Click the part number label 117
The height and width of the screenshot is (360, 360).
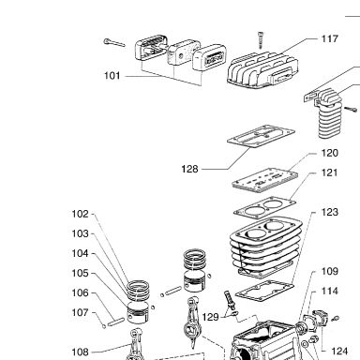[330, 39]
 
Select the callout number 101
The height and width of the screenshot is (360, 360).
[112, 76]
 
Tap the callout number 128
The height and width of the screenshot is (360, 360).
[189, 169]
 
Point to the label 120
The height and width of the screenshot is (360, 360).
[330, 153]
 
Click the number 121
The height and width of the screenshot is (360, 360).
[330, 172]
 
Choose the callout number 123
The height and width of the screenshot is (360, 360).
[330, 212]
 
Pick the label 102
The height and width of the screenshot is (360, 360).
[81, 214]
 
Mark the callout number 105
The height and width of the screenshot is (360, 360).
[81, 273]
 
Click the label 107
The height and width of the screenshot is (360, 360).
[81, 312]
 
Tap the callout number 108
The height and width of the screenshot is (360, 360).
[81, 352]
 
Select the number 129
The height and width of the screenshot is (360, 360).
[210, 317]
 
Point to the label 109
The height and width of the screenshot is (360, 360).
[330, 271]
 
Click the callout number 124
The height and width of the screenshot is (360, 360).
[339, 352]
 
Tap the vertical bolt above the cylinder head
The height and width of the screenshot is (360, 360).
[261, 40]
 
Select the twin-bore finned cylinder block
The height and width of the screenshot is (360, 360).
[265, 247]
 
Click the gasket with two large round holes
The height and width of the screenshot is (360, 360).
[264, 207]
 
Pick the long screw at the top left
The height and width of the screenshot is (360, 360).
[114, 42]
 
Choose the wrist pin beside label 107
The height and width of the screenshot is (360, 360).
[116, 322]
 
